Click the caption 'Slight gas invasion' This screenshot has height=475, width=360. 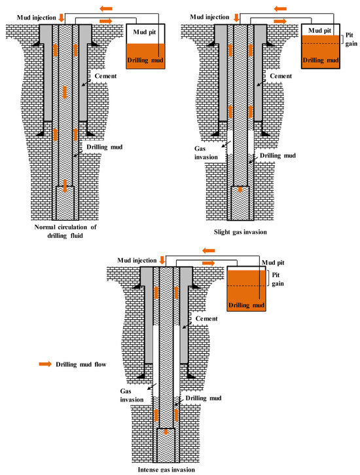point(240,232)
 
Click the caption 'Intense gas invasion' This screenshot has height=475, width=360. point(166,470)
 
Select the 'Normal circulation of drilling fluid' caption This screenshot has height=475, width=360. point(65,231)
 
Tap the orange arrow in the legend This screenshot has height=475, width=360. point(45,364)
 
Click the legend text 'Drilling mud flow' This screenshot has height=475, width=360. point(81,364)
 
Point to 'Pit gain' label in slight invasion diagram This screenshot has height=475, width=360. point(351,39)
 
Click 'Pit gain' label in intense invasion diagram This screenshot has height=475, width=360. point(278,279)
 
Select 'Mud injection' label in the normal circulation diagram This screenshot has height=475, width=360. point(36,18)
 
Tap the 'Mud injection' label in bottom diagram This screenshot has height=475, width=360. point(137,261)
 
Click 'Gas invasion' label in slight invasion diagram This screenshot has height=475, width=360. point(206,153)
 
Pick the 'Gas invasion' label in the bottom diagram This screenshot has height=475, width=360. point(132,395)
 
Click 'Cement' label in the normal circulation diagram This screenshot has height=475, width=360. point(105,76)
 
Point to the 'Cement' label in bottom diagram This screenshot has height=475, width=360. point(206,318)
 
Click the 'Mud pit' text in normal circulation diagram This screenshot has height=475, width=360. point(144,32)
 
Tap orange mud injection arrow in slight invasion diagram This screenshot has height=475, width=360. point(236,18)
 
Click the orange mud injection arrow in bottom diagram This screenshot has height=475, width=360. point(162,260)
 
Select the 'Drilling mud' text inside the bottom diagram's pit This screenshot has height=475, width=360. point(246,305)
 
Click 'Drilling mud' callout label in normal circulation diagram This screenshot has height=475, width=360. point(104,147)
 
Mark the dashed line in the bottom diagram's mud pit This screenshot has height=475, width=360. point(246,286)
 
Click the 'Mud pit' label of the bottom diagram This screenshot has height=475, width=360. point(273,262)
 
